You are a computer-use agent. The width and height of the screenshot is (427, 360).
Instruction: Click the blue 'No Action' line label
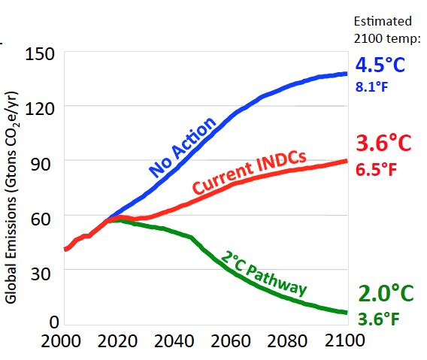click(x=183, y=147)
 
